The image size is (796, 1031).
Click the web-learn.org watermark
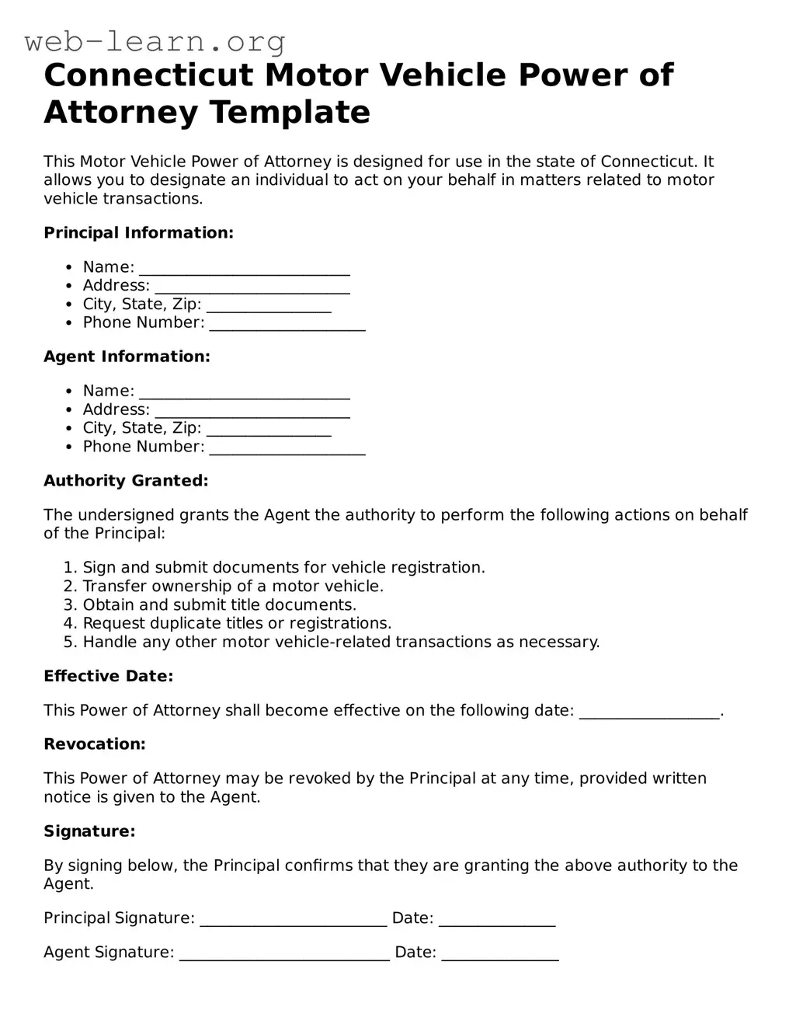coord(155,41)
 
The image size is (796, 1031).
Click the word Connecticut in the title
coord(148,75)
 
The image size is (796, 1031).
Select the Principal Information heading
coord(138,233)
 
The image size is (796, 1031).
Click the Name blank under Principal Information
coord(244,268)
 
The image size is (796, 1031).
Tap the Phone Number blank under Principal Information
coord(287,323)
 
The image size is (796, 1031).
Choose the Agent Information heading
coord(127,357)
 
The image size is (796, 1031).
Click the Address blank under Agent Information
coord(252,410)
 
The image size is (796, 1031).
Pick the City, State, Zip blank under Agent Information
coord(269,429)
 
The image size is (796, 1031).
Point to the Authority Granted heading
coord(126,481)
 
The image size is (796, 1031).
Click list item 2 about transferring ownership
coord(233,587)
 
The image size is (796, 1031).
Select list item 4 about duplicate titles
coord(237,624)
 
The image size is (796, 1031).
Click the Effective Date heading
coord(108,677)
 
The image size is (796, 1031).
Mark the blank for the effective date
coord(649,712)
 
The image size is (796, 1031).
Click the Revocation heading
coord(95,744)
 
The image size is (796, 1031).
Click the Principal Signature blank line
coord(293,919)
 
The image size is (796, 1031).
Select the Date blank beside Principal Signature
coord(497,919)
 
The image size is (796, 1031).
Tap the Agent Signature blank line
coord(284,953)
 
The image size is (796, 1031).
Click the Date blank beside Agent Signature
coord(500,953)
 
